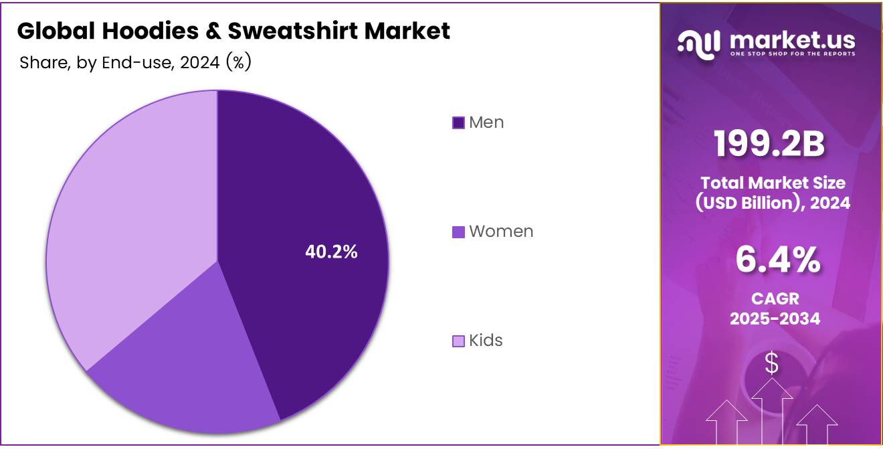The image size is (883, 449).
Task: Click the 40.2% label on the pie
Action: (331, 252)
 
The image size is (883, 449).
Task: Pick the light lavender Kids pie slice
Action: (134, 221)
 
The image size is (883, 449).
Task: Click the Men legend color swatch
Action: (458, 123)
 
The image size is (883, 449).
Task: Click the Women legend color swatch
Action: (458, 232)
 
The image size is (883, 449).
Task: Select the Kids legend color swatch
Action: (458, 341)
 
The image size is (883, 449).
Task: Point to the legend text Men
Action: (486, 122)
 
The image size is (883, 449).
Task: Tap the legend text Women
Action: (501, 232)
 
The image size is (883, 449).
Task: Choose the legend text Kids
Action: (486, 341)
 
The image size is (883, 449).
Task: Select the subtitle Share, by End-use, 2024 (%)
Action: (135, 63)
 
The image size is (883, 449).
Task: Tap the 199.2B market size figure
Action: (769, 144)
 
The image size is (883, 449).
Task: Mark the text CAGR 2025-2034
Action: (775, 308)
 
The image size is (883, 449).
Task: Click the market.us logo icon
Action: (698, 43)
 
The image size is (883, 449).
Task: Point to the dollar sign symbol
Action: (771, 363)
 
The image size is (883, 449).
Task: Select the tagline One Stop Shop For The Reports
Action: (792, 54)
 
